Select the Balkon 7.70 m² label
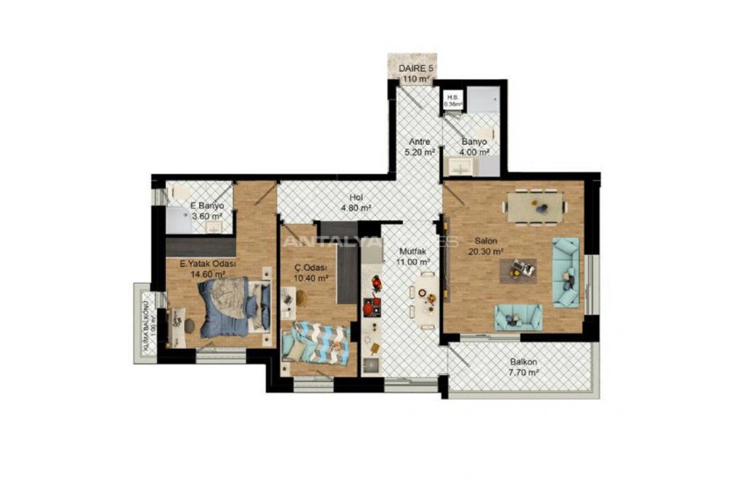click(x=524, y=367)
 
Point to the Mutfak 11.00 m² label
click(x=412, y=256)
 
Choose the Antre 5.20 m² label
click(x=420, y=147)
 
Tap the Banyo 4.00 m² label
click(x=474, y=147)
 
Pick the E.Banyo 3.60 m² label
click(x=207, y=211)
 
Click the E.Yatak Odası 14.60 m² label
click(x=208, y=268)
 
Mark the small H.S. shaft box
click(x=453, y=100)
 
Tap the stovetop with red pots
click(x=373, y=296)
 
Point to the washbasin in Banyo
click(x=459, y=164)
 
